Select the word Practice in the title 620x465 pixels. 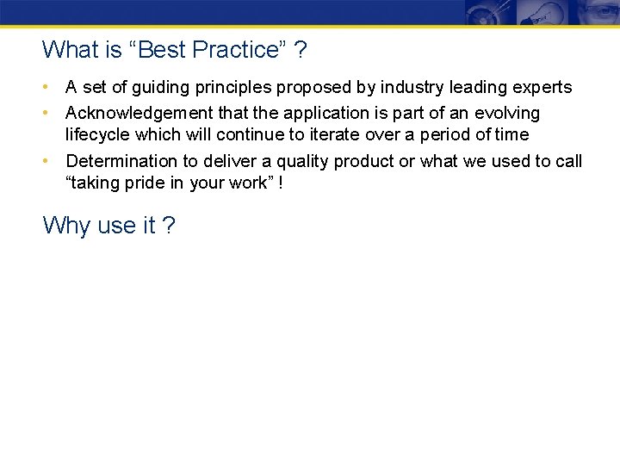pos(234,50)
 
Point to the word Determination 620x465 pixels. pos(118,161)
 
